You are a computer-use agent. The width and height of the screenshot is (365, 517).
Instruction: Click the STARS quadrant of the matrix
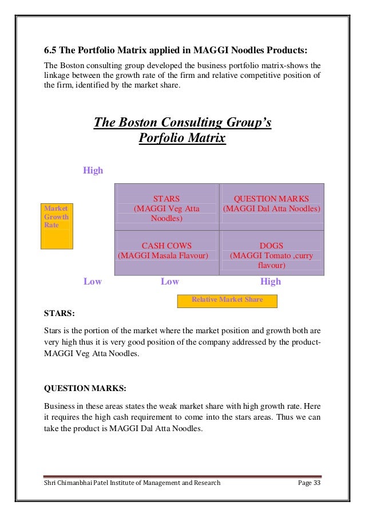click(x=166, y=207)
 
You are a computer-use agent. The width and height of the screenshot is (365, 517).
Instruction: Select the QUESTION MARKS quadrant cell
click(x=272, y=207)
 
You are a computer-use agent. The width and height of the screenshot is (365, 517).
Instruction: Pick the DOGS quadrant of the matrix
click(x=272, y=252)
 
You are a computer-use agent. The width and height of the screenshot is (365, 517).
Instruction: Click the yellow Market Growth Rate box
click(x=57, y=226)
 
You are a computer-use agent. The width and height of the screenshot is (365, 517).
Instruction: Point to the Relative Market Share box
click(x=227, y=300)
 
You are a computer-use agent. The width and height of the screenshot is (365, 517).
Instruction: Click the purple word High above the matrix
click(x=93, y=170)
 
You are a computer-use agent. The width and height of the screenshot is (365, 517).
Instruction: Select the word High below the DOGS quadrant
click(x=271, y=282)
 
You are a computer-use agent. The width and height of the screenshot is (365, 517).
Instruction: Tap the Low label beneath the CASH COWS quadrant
click(x=170, y=282)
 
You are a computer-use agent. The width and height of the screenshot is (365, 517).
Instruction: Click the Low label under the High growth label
click(x=93, y=282)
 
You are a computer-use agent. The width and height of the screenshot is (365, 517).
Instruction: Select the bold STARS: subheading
click(x=59, y=313)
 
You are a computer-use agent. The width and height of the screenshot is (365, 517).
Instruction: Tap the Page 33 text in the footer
click(x=310, y=483)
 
